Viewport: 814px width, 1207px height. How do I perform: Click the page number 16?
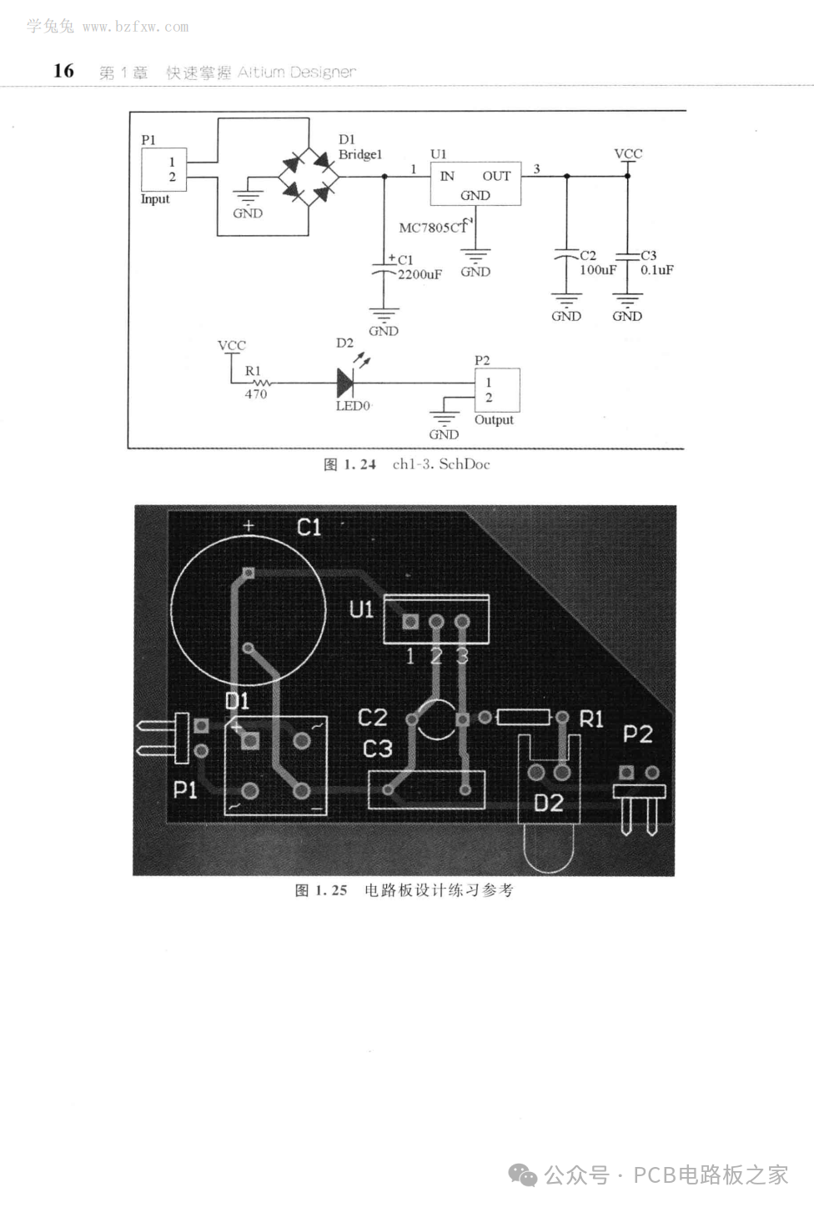[63, 71]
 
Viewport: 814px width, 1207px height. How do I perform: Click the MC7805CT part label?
[434, 227]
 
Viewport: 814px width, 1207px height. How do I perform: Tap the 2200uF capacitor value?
[420, 274]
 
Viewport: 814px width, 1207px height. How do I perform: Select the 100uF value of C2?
[597, 270]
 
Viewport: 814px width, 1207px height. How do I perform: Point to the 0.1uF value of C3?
[656, 270]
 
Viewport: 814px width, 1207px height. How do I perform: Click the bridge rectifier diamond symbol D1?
[308, 176]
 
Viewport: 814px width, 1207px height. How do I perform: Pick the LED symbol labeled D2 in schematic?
[345, 383]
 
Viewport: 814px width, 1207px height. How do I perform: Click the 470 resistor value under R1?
[255, 394]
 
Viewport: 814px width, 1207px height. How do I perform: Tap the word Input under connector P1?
[155, 199]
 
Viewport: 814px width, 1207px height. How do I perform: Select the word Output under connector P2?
[494, 420]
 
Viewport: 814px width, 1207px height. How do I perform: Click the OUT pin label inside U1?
[496, 176]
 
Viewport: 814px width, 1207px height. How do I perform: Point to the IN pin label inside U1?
[447, 176]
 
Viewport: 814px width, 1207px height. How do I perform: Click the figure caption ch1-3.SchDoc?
[440, 464]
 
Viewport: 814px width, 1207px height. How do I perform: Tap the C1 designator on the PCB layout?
[309, 527]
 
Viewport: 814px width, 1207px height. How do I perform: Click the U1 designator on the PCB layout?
[361, 610]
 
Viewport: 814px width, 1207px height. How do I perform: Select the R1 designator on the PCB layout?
[590, 719]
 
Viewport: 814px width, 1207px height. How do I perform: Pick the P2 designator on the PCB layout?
[637, 734]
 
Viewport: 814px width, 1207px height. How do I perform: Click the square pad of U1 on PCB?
[410, 622]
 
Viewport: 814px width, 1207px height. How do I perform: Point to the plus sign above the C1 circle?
[249, 526]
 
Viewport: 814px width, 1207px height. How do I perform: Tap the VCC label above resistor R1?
[232, 345]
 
